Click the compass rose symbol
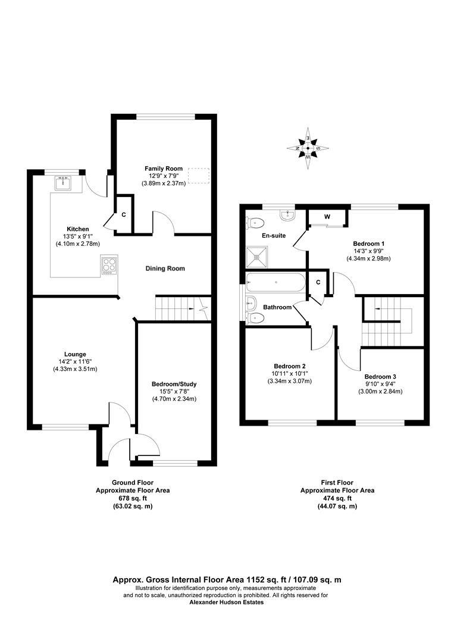pos(308,145)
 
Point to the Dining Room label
pos(165,269)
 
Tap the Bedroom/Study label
pos(174,384)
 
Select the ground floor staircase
pos(181,308)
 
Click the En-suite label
pos(274,236)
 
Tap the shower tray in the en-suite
pos(258,256)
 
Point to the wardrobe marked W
pos(327,217)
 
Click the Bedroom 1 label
pos(369,244)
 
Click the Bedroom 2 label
pos(290,366)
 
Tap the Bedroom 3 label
pos(380,376)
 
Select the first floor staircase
pos(387,321)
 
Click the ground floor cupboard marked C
pos(124,214)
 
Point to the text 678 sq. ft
pos(133,498)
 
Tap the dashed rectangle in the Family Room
pos(199,176)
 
